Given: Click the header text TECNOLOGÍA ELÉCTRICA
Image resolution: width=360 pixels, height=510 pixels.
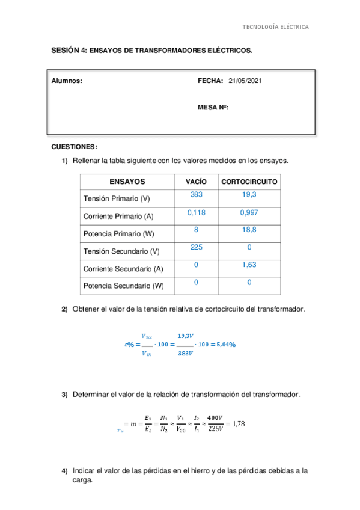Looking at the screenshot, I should pos(275,27).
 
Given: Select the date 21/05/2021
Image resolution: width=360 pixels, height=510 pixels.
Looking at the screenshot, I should pos(245,81).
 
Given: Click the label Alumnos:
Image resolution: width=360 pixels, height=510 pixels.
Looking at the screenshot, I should pos(67,81).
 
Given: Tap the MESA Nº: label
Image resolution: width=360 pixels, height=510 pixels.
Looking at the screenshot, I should pos(213,108).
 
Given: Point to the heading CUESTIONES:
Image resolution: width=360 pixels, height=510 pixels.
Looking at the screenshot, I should pos(75,147).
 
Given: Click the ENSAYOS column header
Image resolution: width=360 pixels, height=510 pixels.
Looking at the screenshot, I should pos(127,181).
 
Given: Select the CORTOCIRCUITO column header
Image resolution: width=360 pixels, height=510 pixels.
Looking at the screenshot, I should pos(249,182).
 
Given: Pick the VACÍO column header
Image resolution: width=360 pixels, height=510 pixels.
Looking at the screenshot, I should pos(196,182).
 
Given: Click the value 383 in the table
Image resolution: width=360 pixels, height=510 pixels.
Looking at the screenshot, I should pos(196,195).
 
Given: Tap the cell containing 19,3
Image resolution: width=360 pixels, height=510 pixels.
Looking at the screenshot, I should pos(249,195).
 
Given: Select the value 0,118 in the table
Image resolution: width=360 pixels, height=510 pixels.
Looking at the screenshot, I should pos(196,212).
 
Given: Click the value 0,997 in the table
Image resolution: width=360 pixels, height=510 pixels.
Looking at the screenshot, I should pos(249,212).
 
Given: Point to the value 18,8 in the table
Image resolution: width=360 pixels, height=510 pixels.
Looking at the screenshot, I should pos(249,230).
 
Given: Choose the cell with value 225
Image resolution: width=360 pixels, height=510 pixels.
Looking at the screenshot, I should pos(196,247).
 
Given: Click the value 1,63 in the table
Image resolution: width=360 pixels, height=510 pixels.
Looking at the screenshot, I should pos(249,265).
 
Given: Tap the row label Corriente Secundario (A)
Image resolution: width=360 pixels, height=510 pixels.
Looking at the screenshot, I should pos(123,269).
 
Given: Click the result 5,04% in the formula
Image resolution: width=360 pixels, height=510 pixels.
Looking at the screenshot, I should pos(222,345).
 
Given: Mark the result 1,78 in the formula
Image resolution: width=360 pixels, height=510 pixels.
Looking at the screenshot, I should pos(237,424).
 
